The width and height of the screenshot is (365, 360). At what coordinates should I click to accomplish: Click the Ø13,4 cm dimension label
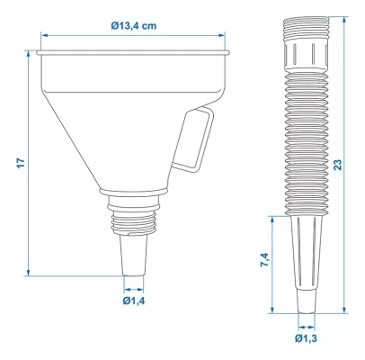click(x=133, y=26)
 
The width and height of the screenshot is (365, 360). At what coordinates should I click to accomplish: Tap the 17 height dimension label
click(x=21, y=163)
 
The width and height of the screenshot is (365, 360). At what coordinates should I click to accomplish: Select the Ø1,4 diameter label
click(x=134, y=301)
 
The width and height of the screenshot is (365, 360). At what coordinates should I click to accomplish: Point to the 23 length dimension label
click(x=338, y=165)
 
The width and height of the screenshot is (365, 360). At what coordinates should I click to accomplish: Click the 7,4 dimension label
click(x=265, y=260)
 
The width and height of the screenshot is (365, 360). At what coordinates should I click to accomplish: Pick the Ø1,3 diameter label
click(x=306, y=338)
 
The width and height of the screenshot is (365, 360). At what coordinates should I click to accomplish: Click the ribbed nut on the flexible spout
click(x=307, y=55)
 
